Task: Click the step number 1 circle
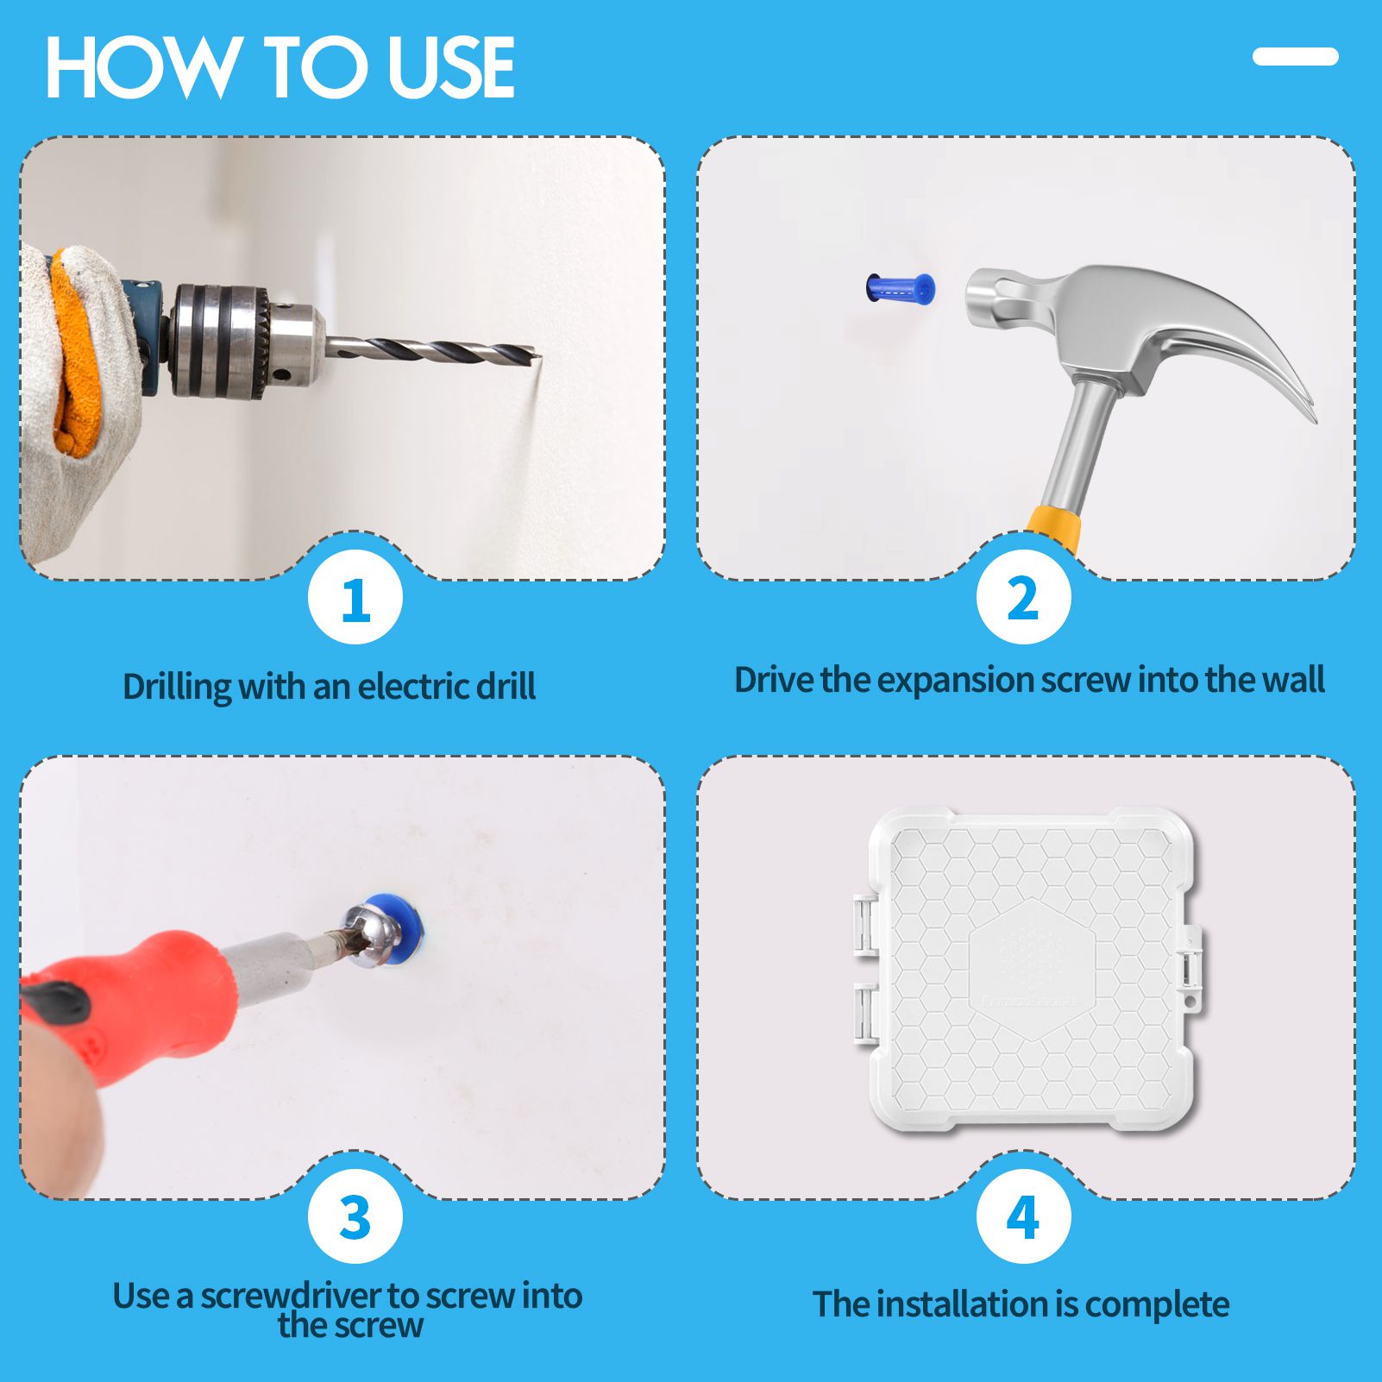click(355, 598)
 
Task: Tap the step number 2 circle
click(1023, 598)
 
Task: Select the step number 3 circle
click(355, 1217)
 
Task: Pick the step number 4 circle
click(1023, 1217)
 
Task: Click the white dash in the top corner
click(1295, 57)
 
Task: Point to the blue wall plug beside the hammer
click(900, 287)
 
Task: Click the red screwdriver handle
click(129, 1009)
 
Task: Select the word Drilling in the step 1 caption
click(177, 688)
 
